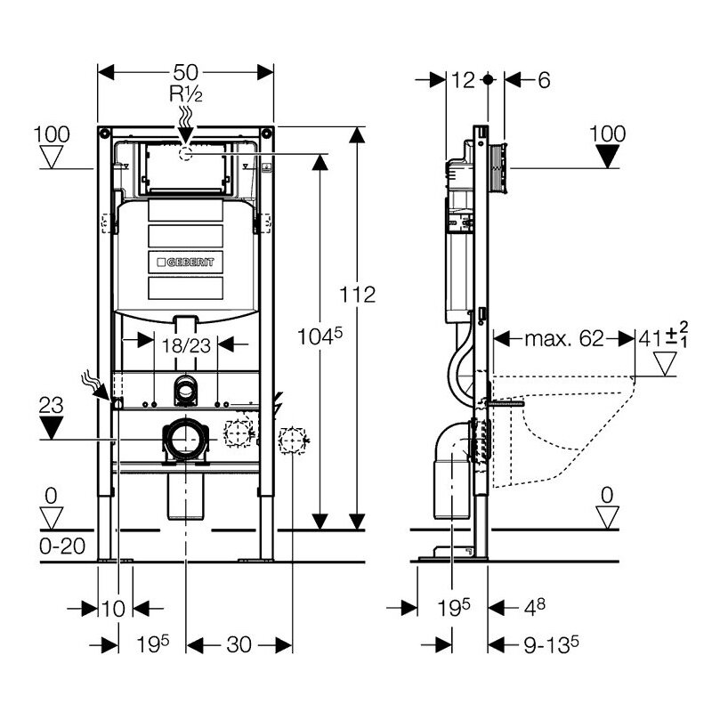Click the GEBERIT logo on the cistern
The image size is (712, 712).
[x=186, y=262]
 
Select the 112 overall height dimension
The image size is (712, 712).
[x=358, y=295]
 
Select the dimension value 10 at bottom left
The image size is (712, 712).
[x=113, y=609]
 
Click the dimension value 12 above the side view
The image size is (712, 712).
[x=463, y=80]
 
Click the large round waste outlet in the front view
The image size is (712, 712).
[x=185, y=439]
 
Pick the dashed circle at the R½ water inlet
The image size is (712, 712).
[x=185, y=153]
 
